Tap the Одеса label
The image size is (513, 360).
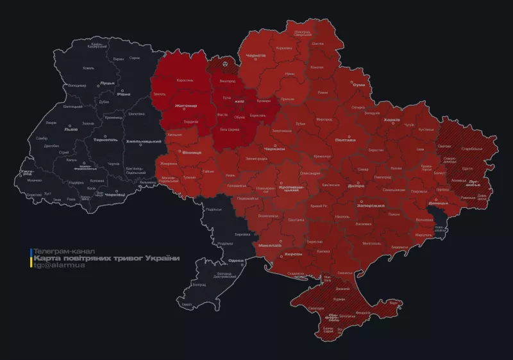click(x=236, y=261)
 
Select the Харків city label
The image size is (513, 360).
click(x=392, y=120)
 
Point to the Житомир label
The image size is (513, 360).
click(x=185, y=106)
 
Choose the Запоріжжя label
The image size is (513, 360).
click(x=371, y=205)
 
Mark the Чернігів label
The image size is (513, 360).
click(x=256, y=56)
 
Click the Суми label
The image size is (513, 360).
click(x=359, y=85)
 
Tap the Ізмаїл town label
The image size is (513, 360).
click(x=187, y=304)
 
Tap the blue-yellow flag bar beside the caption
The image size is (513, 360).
click(x=30, y=257)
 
